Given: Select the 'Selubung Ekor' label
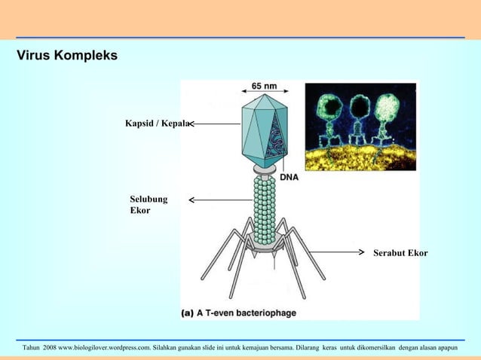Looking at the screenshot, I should pyautogui.click(x=149, y=205).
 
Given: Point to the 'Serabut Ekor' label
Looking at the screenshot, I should pyautogui.click(x=400, y=253).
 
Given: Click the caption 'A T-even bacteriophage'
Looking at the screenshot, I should pyautogui.click(x=246, y=313).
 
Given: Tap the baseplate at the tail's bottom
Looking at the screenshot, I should pyautogui.click(x=265, y=241).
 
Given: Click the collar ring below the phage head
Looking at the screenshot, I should pyautogui.click(x=265, y=171).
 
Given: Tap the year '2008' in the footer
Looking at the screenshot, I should pyautogui.click(x=48, y=348).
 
